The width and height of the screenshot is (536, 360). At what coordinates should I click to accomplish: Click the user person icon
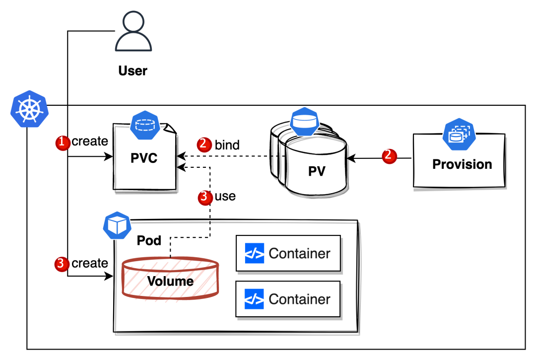(x=134, y=32)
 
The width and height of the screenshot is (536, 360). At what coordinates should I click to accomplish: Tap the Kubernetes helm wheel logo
(x=29, y=109)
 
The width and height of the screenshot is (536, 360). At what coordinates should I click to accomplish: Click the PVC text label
(x=144, y=158)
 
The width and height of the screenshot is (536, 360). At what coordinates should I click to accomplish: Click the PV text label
(x=317, y=171)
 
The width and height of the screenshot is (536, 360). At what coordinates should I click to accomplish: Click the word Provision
(x=462, y=164)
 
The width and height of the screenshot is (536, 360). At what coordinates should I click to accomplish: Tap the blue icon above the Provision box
(x=459, y=134)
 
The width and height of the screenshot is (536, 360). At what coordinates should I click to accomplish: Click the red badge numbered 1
(x=63, y=143)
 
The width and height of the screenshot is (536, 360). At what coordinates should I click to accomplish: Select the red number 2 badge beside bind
(x=204, y=144)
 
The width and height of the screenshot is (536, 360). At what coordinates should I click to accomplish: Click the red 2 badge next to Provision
(x=390, y=156)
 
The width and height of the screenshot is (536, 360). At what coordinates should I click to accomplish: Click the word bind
(x=227, y=145)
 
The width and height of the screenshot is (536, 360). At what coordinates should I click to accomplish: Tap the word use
(x=225, y=196)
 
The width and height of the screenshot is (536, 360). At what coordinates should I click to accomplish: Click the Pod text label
(x=149, y=241)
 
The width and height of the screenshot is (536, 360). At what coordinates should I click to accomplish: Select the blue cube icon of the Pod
(x=117, y=225)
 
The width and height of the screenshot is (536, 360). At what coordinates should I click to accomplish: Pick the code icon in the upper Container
(x=255, y=253)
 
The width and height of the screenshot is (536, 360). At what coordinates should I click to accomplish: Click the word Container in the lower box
(x=299, y=299)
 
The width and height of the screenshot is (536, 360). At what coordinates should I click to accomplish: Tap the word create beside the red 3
(x=90, y=263)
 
